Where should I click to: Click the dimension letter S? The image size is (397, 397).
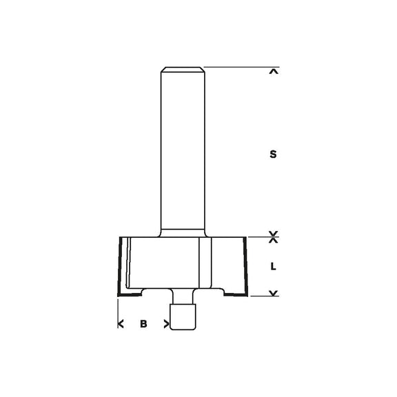[274, 155]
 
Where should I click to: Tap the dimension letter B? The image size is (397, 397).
[143, 323]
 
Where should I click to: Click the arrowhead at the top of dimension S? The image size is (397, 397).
[274, 71]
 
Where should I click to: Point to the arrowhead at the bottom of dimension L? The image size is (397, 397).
[274, 294]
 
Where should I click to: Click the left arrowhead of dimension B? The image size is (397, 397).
[121, 323]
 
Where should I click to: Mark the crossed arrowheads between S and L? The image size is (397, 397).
[274, 237]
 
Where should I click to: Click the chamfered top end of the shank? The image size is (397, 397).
[183, 70]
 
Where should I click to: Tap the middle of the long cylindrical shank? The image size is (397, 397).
[183, 152]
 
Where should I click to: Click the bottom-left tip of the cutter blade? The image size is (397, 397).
[121, 296]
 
